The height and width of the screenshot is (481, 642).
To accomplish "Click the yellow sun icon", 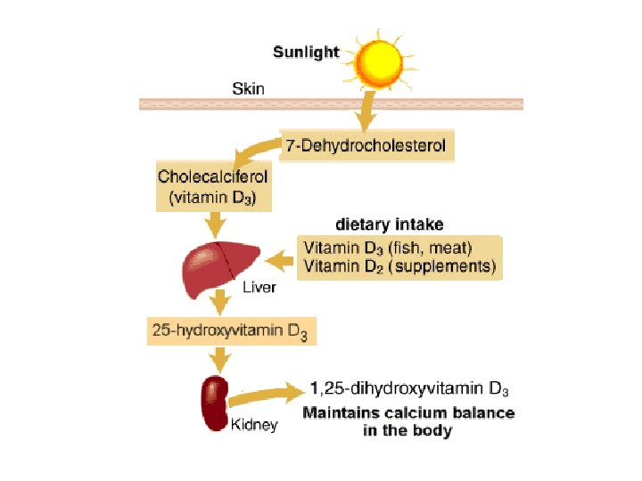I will pos(379,60).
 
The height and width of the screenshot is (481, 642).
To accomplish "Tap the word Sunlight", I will pos(306,52).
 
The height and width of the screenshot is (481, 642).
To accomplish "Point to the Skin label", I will pos(248,88).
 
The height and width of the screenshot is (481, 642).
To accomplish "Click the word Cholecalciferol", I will pos(212,176).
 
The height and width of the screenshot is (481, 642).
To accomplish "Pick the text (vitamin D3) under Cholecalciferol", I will pos(212,198).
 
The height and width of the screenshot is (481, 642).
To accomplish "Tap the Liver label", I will pos(259,288).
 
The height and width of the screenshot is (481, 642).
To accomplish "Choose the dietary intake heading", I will pos(389,224).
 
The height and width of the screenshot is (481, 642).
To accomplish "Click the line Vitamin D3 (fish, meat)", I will pos(389,247).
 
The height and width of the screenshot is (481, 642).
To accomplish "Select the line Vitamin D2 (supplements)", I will pos(400,265).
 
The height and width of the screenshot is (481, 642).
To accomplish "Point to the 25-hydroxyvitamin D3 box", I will pos(231,332).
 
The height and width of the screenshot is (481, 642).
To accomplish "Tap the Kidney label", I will pos(254,424).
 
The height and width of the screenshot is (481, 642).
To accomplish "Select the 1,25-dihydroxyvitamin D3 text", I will pos(409,388).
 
